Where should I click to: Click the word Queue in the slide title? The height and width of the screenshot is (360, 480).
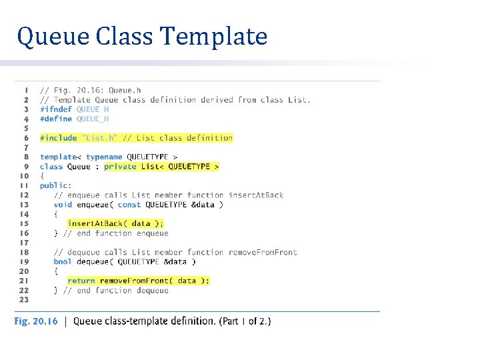(x=53, y=37)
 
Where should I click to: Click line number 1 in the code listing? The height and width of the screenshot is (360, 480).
(x=26, y=90)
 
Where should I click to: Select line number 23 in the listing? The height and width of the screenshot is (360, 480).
(x=23, y=299)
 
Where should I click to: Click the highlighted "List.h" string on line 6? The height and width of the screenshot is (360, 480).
(x=99, y=138)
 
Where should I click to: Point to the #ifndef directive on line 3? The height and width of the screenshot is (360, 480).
(x=56, y=109)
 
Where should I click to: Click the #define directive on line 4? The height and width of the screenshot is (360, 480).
(x=56, y=119)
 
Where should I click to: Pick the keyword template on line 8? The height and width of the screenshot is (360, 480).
(x=59, y=157)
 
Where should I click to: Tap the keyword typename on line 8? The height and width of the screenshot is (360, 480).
(x=104, y=157)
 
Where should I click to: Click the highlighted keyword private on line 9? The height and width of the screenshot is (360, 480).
(x=120, y=167)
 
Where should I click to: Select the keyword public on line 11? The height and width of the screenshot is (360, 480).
(x=54, y=185)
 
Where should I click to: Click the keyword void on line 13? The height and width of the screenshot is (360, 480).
(x=63, y=205)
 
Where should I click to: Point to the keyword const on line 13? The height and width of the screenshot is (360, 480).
(x=129, y=205)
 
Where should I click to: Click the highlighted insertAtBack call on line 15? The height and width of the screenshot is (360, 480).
(x=99, y=224)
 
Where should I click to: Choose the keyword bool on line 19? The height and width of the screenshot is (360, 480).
(x=63, y=262)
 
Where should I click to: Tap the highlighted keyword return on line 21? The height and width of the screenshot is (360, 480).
(x=81, y=281)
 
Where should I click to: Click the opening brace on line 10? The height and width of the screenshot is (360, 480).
(x=42, y=176)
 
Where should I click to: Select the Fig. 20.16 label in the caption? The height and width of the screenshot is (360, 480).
(x=36, y=321)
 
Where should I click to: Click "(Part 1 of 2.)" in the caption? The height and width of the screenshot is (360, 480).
(x=245, y=321)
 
